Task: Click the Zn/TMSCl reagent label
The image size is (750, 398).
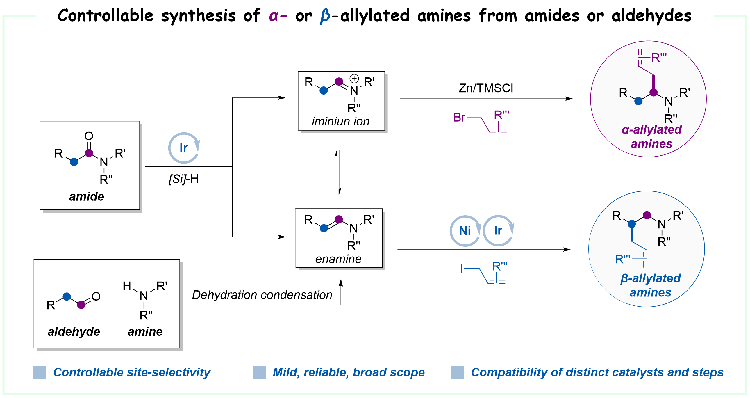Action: [x=485, y=88]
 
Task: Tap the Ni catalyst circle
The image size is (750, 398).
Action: [x=465, y=231]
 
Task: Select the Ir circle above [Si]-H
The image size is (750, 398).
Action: [x=183, y=148]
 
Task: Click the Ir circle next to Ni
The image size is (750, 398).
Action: [x=498, y=231]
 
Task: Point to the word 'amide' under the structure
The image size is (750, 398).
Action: [x=86, y=197]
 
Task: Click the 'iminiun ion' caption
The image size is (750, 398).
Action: [x=340, y=121]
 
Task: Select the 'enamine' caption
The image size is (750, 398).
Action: [x=338, y=259]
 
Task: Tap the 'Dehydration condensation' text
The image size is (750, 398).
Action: [x=262, y=295]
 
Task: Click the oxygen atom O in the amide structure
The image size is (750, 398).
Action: [x=89, y=136]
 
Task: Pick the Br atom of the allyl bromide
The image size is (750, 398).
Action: [x=459, y=118]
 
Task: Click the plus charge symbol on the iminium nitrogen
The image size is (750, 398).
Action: [x=354, y=78]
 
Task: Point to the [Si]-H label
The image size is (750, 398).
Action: [x=183, y=179]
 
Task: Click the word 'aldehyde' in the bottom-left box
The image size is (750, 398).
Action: [x=74, y=332]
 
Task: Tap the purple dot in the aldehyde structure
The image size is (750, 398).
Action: [x=81, y=305]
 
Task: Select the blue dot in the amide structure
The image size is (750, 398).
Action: [x=74, y=162]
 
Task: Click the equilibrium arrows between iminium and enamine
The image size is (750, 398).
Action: [x=338, y=172]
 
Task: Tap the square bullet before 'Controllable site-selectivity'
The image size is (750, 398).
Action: [x=39, y=372]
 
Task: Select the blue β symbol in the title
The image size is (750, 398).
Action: [x=325, y=16]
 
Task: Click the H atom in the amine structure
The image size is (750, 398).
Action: [x=127, y=286]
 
